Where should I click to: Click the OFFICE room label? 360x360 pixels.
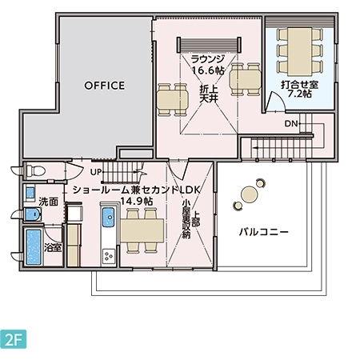click(104, 86)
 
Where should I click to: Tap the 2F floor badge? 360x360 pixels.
click(14, 339)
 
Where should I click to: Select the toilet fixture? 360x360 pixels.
click(35, 170)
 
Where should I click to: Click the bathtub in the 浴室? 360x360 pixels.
click(34, 246)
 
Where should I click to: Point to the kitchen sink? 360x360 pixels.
click(109, 218)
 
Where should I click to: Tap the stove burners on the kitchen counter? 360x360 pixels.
click(109, 257)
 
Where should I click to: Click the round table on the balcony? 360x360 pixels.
click(249, 194)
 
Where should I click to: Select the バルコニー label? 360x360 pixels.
click(264, 232)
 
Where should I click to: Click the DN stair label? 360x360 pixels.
click(291, 123)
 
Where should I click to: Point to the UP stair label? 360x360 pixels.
click(96, 172)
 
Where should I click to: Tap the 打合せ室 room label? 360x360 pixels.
click(299, 85)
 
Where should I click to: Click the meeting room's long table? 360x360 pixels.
click(300, 51)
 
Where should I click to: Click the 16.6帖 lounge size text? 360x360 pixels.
click(208, 70)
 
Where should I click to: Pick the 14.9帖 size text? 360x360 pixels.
click(137, 201)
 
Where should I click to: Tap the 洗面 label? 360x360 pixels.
click(48, 202)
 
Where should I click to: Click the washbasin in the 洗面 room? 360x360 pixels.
click(33, 214)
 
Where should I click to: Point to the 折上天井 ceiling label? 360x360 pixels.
click(209, 94)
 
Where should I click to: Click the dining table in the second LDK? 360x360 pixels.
click(142, 230)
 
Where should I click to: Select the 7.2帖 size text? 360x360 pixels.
click(300, 94)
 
